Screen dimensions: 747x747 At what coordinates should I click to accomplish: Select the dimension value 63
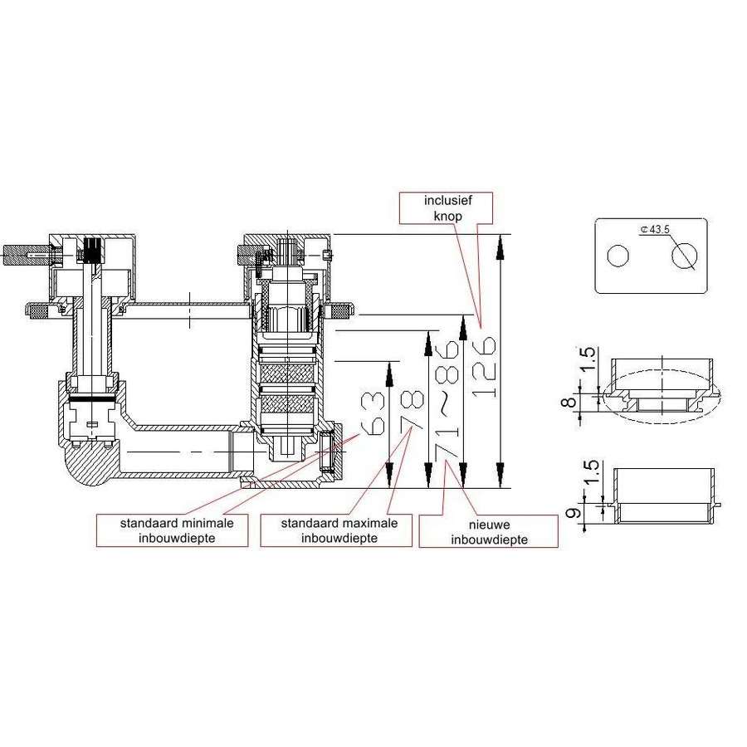[373, 413]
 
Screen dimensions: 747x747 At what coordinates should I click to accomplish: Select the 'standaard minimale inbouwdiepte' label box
[172, 531]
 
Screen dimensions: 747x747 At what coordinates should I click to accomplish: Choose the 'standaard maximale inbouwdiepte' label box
[335, 531]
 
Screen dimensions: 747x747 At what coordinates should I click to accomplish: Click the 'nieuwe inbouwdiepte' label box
[488, 531]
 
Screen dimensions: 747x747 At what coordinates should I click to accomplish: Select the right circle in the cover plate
[684, 257]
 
